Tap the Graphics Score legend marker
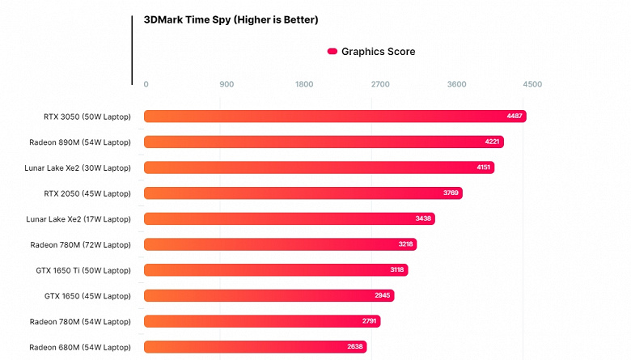click(x=332, y=52)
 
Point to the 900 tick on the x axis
click(x=227, y=84)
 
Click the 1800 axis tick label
click(x=304, y=84)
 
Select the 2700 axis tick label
click(x=380, y=84)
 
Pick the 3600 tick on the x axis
click(x=457, y=84)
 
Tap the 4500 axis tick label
click(x=532, y=84)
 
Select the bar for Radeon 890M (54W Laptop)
click(x=324, y=142)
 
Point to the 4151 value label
click(x=483, y=167)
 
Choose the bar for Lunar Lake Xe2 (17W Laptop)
click(x=290, y=218)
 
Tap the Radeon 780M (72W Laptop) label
click(x=80, y=244)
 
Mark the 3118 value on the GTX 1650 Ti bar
click(x=397, y=270)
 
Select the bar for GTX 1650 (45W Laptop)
click(x=269, y=295)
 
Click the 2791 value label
click(x=369, y=321)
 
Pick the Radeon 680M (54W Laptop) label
click(x=80, y=347)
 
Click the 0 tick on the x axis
click(x=146, y=84)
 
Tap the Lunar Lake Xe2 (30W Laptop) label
click(x=78, y=167)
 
